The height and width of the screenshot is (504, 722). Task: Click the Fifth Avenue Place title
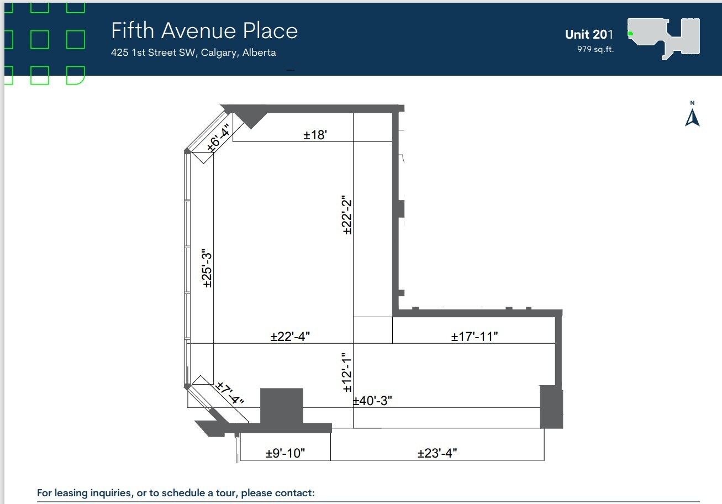point(204,31)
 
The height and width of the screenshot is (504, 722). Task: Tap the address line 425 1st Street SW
point(193,53)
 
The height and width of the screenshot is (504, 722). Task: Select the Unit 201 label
point(589,34)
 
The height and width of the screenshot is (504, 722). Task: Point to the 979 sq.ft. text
point(595,49)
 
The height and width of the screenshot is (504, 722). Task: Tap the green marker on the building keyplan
point(630,34)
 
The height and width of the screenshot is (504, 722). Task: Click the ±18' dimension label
point(316,135)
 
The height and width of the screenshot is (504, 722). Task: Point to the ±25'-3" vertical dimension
point(207,269)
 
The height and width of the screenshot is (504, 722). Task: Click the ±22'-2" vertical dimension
point(347,216)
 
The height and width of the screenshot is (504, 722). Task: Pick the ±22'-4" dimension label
point(294,337)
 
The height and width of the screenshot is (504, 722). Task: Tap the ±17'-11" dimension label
point(475,337)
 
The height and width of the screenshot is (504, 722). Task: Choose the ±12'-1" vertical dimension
point(347,372)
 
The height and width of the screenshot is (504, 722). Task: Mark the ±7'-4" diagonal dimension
point(229,392)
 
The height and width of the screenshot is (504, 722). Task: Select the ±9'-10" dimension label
point(285,454)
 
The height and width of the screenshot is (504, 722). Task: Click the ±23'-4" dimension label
point(437,454)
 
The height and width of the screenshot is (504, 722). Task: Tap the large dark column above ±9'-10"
point(282,406)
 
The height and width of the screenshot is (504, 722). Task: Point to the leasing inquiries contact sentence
point(176,493)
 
